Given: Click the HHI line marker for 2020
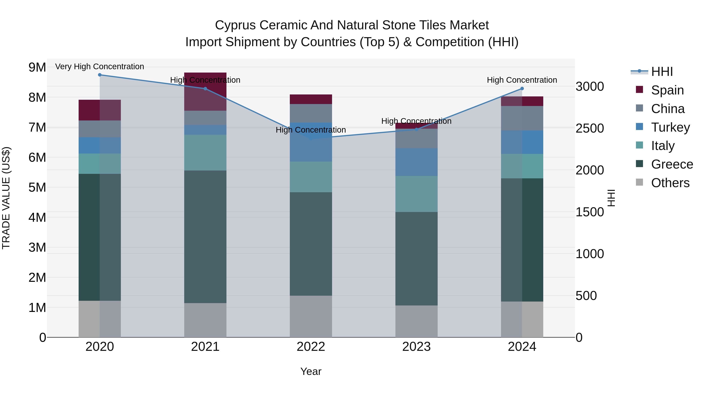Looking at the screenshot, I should point(100,75).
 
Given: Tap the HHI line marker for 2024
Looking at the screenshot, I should point(522,89).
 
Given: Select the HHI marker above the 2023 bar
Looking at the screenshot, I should point(417,129).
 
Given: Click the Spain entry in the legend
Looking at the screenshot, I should point(667,90).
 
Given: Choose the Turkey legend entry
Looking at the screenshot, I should point(670,127).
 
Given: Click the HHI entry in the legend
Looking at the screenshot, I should point(661,72).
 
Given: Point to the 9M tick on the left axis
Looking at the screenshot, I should point(37,67).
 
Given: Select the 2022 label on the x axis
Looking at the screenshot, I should point(311,347).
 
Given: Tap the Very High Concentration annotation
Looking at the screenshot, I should point(100,66).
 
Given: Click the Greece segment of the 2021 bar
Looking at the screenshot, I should point(205,236).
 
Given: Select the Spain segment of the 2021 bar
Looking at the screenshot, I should point(205,91).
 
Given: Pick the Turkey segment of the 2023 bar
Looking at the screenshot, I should point(417,162).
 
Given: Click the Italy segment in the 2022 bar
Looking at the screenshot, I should point(311,177).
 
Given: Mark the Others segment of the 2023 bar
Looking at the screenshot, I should point(417,321).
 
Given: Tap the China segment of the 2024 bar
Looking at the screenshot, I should point(522,118).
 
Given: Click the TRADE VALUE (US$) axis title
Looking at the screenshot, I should point(6,198).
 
